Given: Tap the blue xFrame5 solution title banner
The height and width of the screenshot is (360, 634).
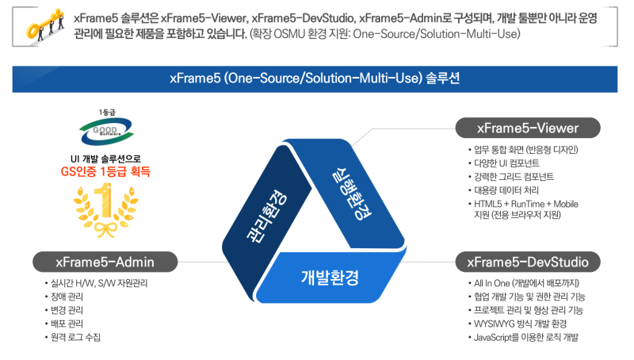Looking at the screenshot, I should [x=316, y=79].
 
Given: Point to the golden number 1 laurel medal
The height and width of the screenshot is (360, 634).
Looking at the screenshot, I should [x=105, y=209].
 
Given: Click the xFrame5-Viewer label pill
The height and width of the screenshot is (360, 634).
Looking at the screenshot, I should [x=528, y=128].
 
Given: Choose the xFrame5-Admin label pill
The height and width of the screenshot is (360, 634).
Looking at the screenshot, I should [x=105, y=261].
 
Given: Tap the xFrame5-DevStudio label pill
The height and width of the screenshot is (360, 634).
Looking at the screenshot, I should [x=528, y=261].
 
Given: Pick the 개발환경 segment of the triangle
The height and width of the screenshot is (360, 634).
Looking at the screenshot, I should [x=330, y=278].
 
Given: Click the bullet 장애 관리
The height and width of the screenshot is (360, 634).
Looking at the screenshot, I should [x=67, y=297].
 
